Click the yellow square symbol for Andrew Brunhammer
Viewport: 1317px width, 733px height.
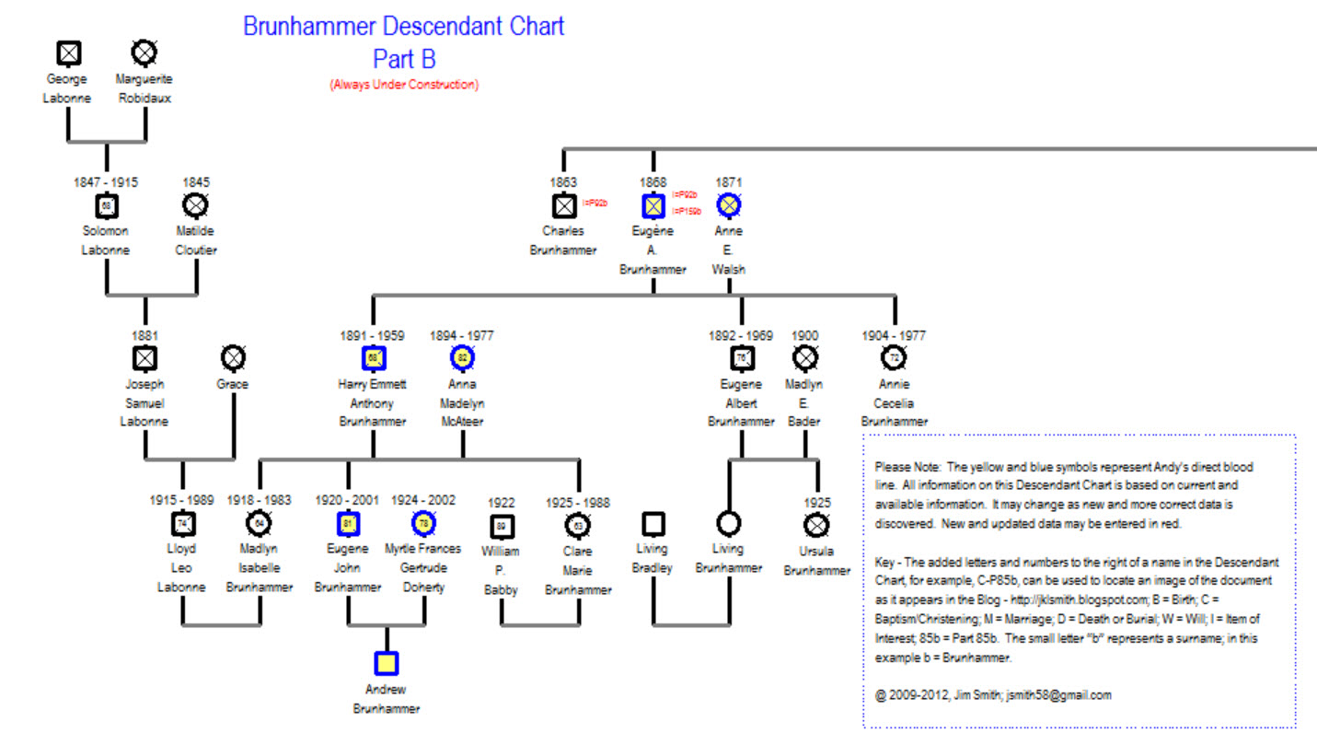pos(387,663)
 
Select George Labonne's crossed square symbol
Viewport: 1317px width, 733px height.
pos(68,53)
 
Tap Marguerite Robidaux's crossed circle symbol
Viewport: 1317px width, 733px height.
pos(144,53)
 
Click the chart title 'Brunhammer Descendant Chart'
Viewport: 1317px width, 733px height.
pos(403,26)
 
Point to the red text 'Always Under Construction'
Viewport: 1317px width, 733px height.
pos(404,85)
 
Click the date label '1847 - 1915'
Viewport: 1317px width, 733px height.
pos(106,182)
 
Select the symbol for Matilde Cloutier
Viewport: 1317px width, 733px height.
pos(196,204)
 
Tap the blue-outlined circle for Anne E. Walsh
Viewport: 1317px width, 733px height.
pos(729,204)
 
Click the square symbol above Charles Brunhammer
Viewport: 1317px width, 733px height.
pos(563,204)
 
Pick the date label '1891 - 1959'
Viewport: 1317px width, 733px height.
pos(373,336)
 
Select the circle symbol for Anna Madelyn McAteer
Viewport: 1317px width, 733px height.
pos(462,357)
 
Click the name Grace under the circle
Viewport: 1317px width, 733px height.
pos(234,384)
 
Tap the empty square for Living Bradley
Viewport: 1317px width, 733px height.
pos(653,524)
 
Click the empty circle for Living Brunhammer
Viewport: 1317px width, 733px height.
pos(728,524)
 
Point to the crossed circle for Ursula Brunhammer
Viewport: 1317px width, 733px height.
pos(816,525)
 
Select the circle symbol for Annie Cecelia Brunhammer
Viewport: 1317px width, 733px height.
pos(894,357)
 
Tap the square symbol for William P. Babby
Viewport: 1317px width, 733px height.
pos(501,526)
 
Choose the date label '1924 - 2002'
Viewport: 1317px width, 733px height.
pos(423,500)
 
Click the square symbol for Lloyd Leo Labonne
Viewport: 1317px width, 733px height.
pos(182,524)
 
